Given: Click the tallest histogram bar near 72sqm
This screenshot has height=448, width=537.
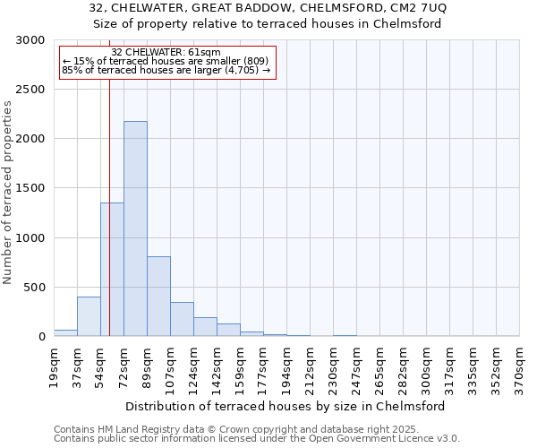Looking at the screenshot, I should tap(135, 228).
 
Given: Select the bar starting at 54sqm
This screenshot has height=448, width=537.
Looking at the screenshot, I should tap(112, 269).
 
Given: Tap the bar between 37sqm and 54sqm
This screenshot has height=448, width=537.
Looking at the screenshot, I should tap(89, 316).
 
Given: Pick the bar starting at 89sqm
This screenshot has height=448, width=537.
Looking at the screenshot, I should tap(158, 296).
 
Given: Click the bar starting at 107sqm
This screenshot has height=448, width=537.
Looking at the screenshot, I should tap(182, 319).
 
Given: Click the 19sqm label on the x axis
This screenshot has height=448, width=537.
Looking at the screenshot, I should tap(55, 366).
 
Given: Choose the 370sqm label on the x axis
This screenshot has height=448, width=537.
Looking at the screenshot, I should tap(520, 367).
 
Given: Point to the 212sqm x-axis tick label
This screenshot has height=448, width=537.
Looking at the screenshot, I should tap(311, 367).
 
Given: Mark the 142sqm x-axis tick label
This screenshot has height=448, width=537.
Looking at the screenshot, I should tap(217, 367).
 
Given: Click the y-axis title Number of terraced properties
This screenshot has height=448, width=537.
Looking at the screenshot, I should tap(8, 193).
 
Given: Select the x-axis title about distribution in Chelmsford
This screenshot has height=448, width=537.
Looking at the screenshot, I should tap(286, 406).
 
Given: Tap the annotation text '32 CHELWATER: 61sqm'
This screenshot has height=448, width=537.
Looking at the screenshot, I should tap(166, 53).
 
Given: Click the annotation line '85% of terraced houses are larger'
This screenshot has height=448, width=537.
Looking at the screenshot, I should tap(166, 70).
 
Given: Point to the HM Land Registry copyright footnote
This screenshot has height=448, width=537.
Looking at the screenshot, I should tap(224, 429).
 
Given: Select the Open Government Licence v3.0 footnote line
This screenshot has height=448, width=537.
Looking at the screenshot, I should tap(257, 439).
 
